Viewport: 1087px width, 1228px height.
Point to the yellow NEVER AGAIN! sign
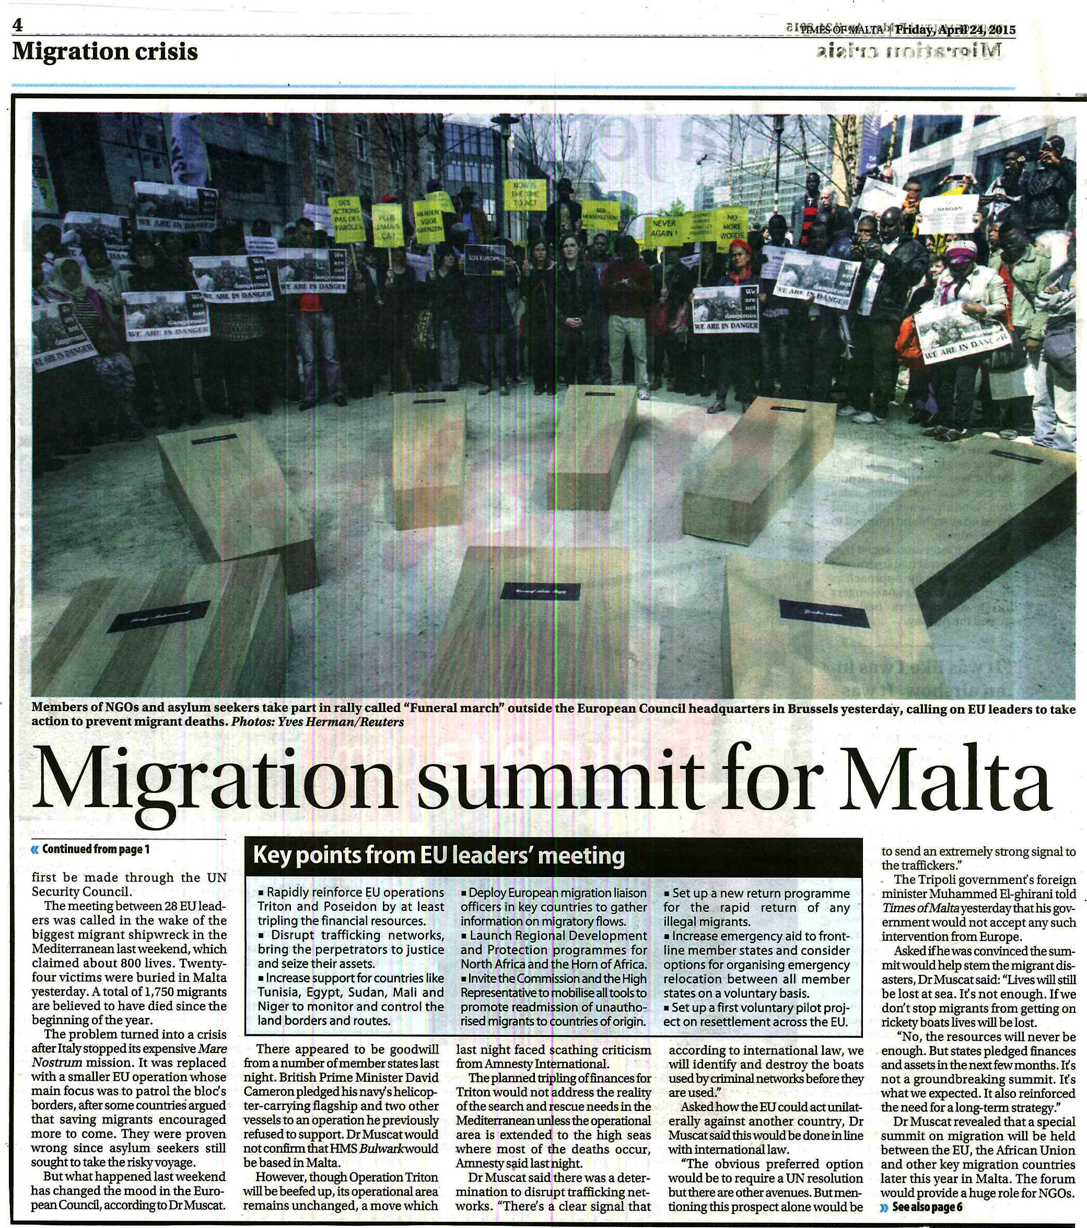[x=664, y=228]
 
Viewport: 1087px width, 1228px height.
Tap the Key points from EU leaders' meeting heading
[x=439, y=855]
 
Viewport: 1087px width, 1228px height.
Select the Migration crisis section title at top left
[x=105, y=52]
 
